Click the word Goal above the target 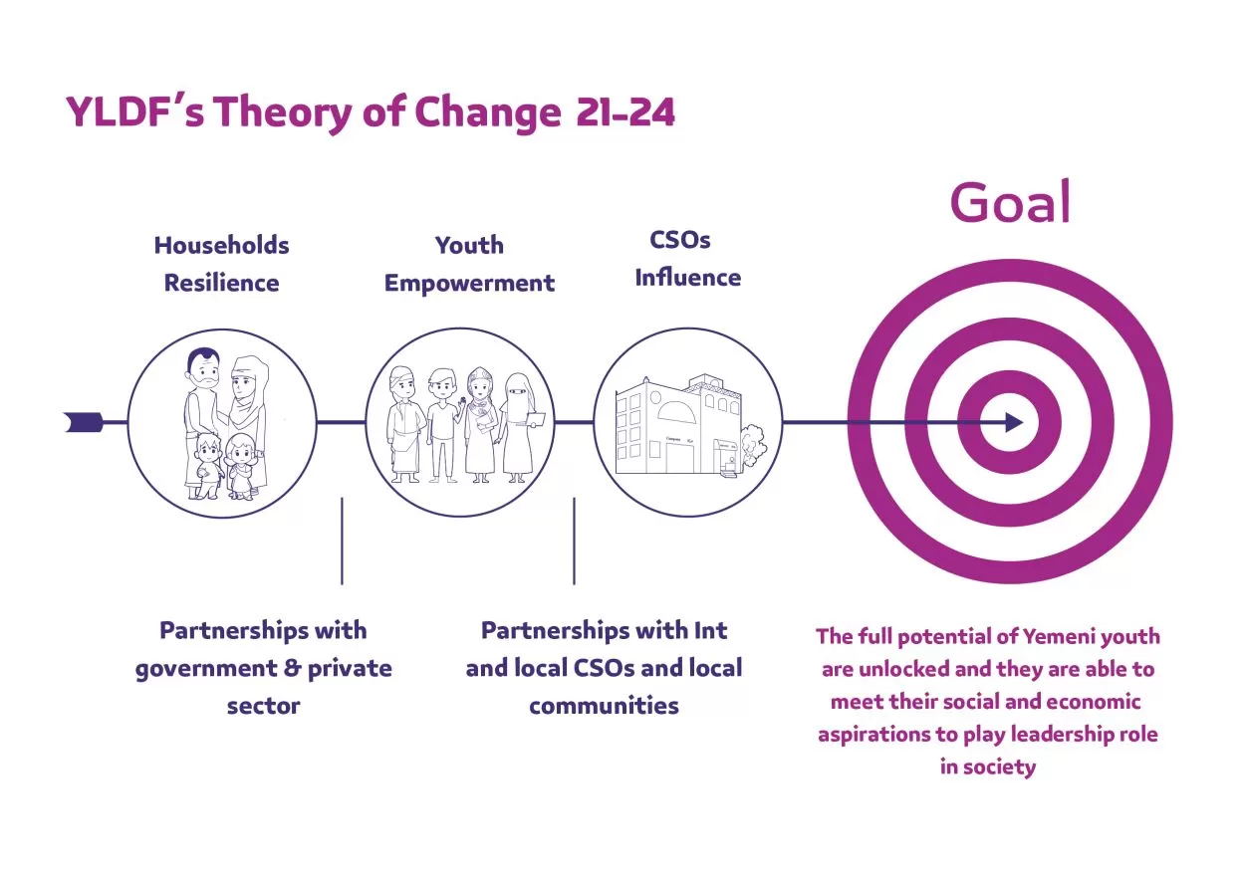pos(1010,201)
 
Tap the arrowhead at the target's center pos(1014,422)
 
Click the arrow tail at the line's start pos(84,422)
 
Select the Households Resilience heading pos(222,264)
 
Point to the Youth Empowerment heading pos(470,264)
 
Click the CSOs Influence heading pos(688,259)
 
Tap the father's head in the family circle pos(203,369)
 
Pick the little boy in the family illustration pos(207,466)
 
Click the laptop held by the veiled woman pos(535,420)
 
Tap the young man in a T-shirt pos(442,425)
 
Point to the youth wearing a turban pos(405,425)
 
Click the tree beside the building pos(753,444)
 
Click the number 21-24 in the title pos(625,112)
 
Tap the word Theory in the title pos(284,113)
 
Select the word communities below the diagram pos(605,706)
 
